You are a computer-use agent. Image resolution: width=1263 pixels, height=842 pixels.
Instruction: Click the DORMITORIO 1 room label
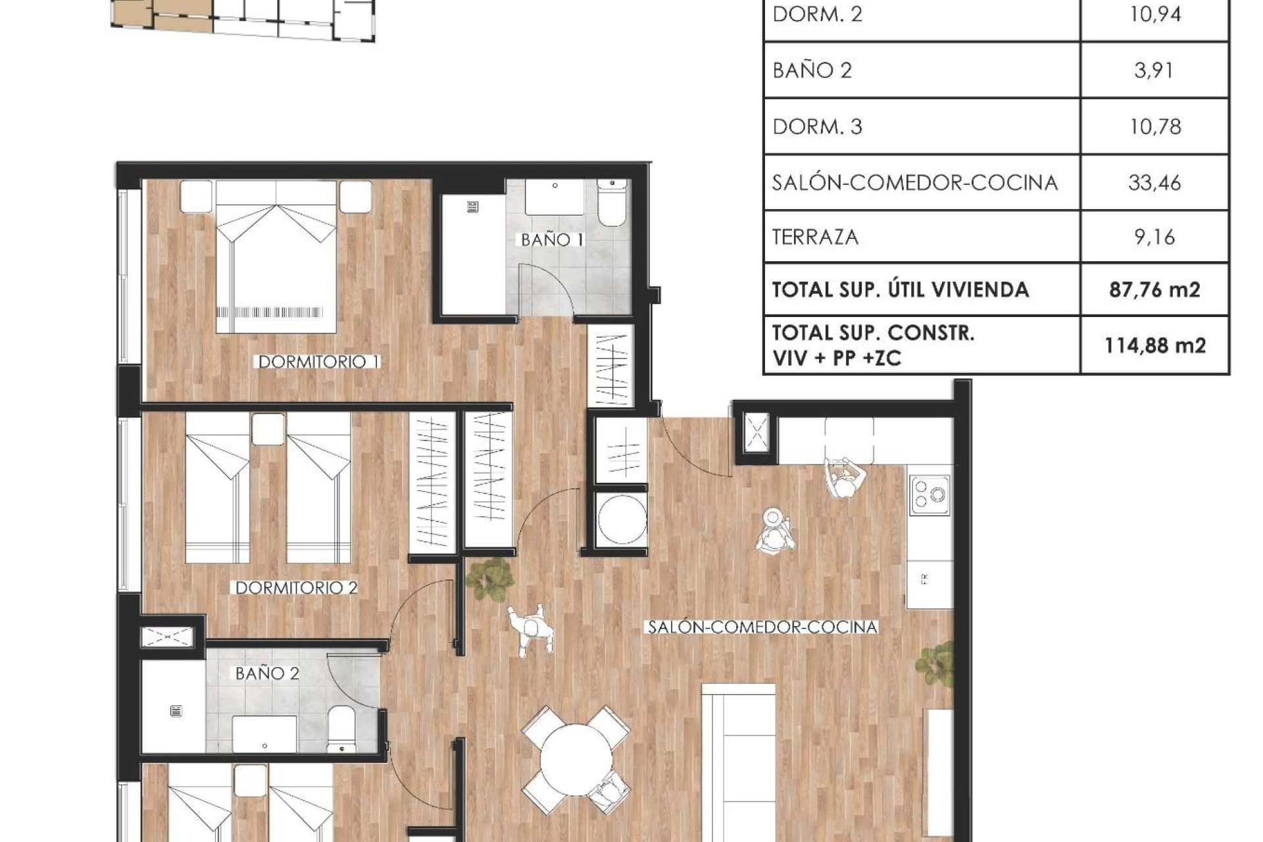[318, 362]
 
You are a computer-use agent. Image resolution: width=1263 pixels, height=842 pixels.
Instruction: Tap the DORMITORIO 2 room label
[296, 588]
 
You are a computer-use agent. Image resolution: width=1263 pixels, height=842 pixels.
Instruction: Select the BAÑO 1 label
[552, 240]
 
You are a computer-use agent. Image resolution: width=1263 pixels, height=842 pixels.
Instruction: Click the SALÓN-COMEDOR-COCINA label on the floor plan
[762, 628]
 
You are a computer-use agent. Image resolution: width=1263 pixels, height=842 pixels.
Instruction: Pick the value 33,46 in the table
[1154, 182]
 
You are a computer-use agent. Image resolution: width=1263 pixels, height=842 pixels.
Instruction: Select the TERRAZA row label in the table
[815, 237]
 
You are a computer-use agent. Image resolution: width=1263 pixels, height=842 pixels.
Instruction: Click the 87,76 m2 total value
[1154, 289]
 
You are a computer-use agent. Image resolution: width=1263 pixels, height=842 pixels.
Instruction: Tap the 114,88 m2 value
[1154, 345]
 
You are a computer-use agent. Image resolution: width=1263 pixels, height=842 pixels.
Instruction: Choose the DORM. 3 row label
[817, 126]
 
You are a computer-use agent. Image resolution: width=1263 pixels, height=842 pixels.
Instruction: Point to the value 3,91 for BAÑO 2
[1154, 70]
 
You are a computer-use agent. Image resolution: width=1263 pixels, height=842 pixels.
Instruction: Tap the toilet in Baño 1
[612, 205]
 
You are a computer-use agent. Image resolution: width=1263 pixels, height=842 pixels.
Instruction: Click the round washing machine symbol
[621, 519]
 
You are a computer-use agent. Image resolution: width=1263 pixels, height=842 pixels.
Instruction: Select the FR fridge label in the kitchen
[925, 580]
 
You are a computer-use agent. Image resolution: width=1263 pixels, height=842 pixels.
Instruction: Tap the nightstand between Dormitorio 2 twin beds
[268, 429]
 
